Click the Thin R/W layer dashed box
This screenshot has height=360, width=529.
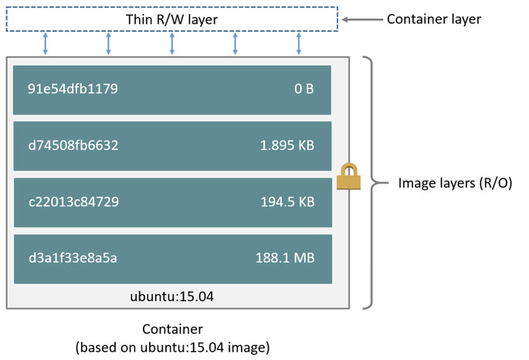[x=171, y=19]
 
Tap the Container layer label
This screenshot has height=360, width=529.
[x=433, y=19]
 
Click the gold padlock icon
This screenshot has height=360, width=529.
[x=348, y=177]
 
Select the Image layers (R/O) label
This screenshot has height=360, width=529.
[x=455, y=184]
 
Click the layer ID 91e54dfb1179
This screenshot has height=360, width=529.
[x=73, y=89]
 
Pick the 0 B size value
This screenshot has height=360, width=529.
[x=303, y=89]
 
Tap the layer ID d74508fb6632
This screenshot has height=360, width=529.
[x=73, y=145]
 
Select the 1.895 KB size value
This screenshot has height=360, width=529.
[x=287, y=145]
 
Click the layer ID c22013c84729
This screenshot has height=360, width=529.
[x=73, y=202]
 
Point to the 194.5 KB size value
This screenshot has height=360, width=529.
[x=287, y=202]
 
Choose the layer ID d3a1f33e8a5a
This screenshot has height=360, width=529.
[x=73, y=258]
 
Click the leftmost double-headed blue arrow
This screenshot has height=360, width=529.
[x=46, y=43]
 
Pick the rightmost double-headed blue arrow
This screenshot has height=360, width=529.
[x=299, y=43]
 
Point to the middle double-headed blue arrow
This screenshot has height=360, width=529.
[x=172, y=43]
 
